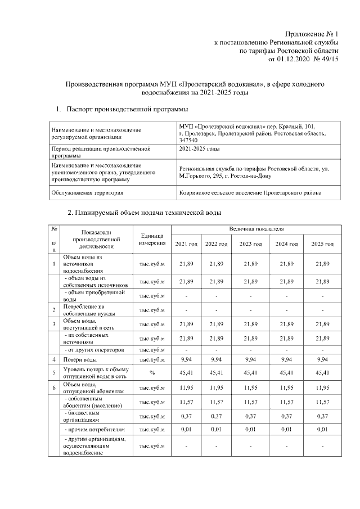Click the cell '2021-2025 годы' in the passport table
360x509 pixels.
199,149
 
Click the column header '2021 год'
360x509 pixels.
186,244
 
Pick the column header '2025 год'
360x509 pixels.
322,244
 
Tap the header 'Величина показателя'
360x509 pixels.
256,229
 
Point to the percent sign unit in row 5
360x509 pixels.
152,372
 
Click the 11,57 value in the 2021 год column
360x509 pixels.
186,402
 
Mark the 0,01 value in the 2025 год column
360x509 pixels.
322,430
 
